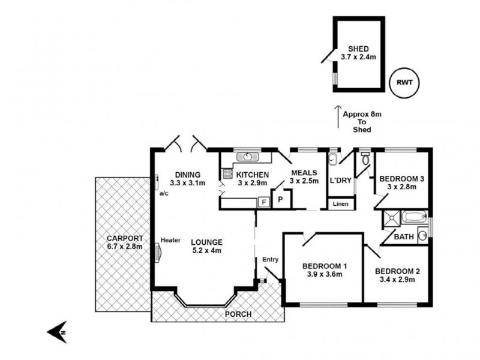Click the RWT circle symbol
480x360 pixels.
coord(404,82)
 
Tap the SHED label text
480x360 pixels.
coord(358,49)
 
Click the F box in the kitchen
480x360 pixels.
coord(262,202)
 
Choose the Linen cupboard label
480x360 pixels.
coord(340,205)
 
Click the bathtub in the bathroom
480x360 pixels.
coord(413,217)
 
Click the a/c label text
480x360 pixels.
coord(164,193)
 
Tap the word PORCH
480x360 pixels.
coord(239,314)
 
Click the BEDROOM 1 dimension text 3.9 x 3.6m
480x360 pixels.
coord(322,275)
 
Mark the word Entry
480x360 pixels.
coord(270,259)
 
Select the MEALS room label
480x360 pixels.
coord(303,173)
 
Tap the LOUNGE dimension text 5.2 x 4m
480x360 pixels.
coord(207,251)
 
